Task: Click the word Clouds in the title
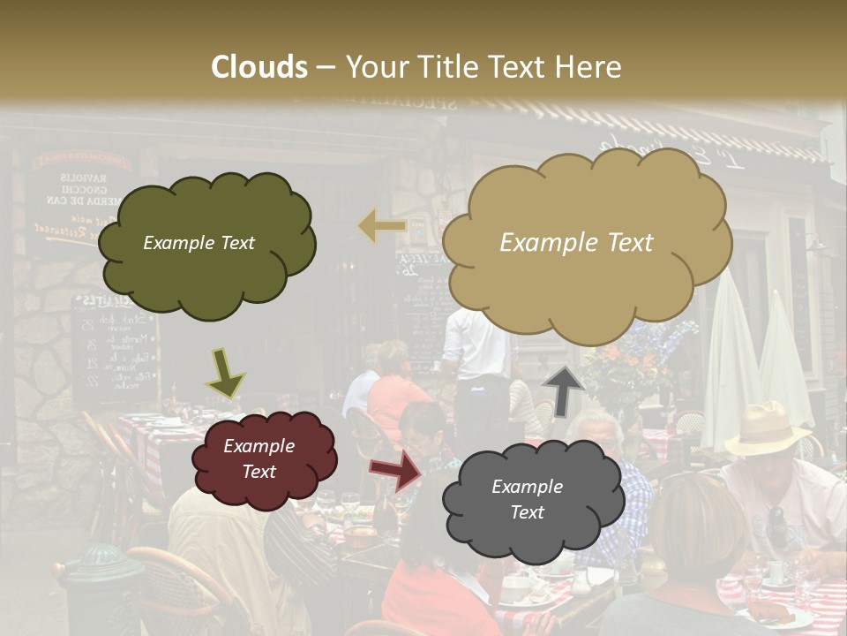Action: point(259,67)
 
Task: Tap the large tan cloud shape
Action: point(586,243)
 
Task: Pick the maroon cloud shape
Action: point(264,459)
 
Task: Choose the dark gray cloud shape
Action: point(532,500)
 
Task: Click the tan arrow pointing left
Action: point(383,226)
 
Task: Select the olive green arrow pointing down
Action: point(225,372)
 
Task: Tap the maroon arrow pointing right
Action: point(395,471)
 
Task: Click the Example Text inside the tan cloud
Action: point(576,243)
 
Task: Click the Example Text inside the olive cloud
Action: point(199,243)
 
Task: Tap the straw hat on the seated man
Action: point(766,428)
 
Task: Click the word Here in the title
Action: point(591,67)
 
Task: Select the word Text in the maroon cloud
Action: point(259,472)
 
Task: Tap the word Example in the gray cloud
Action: point(527,487)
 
